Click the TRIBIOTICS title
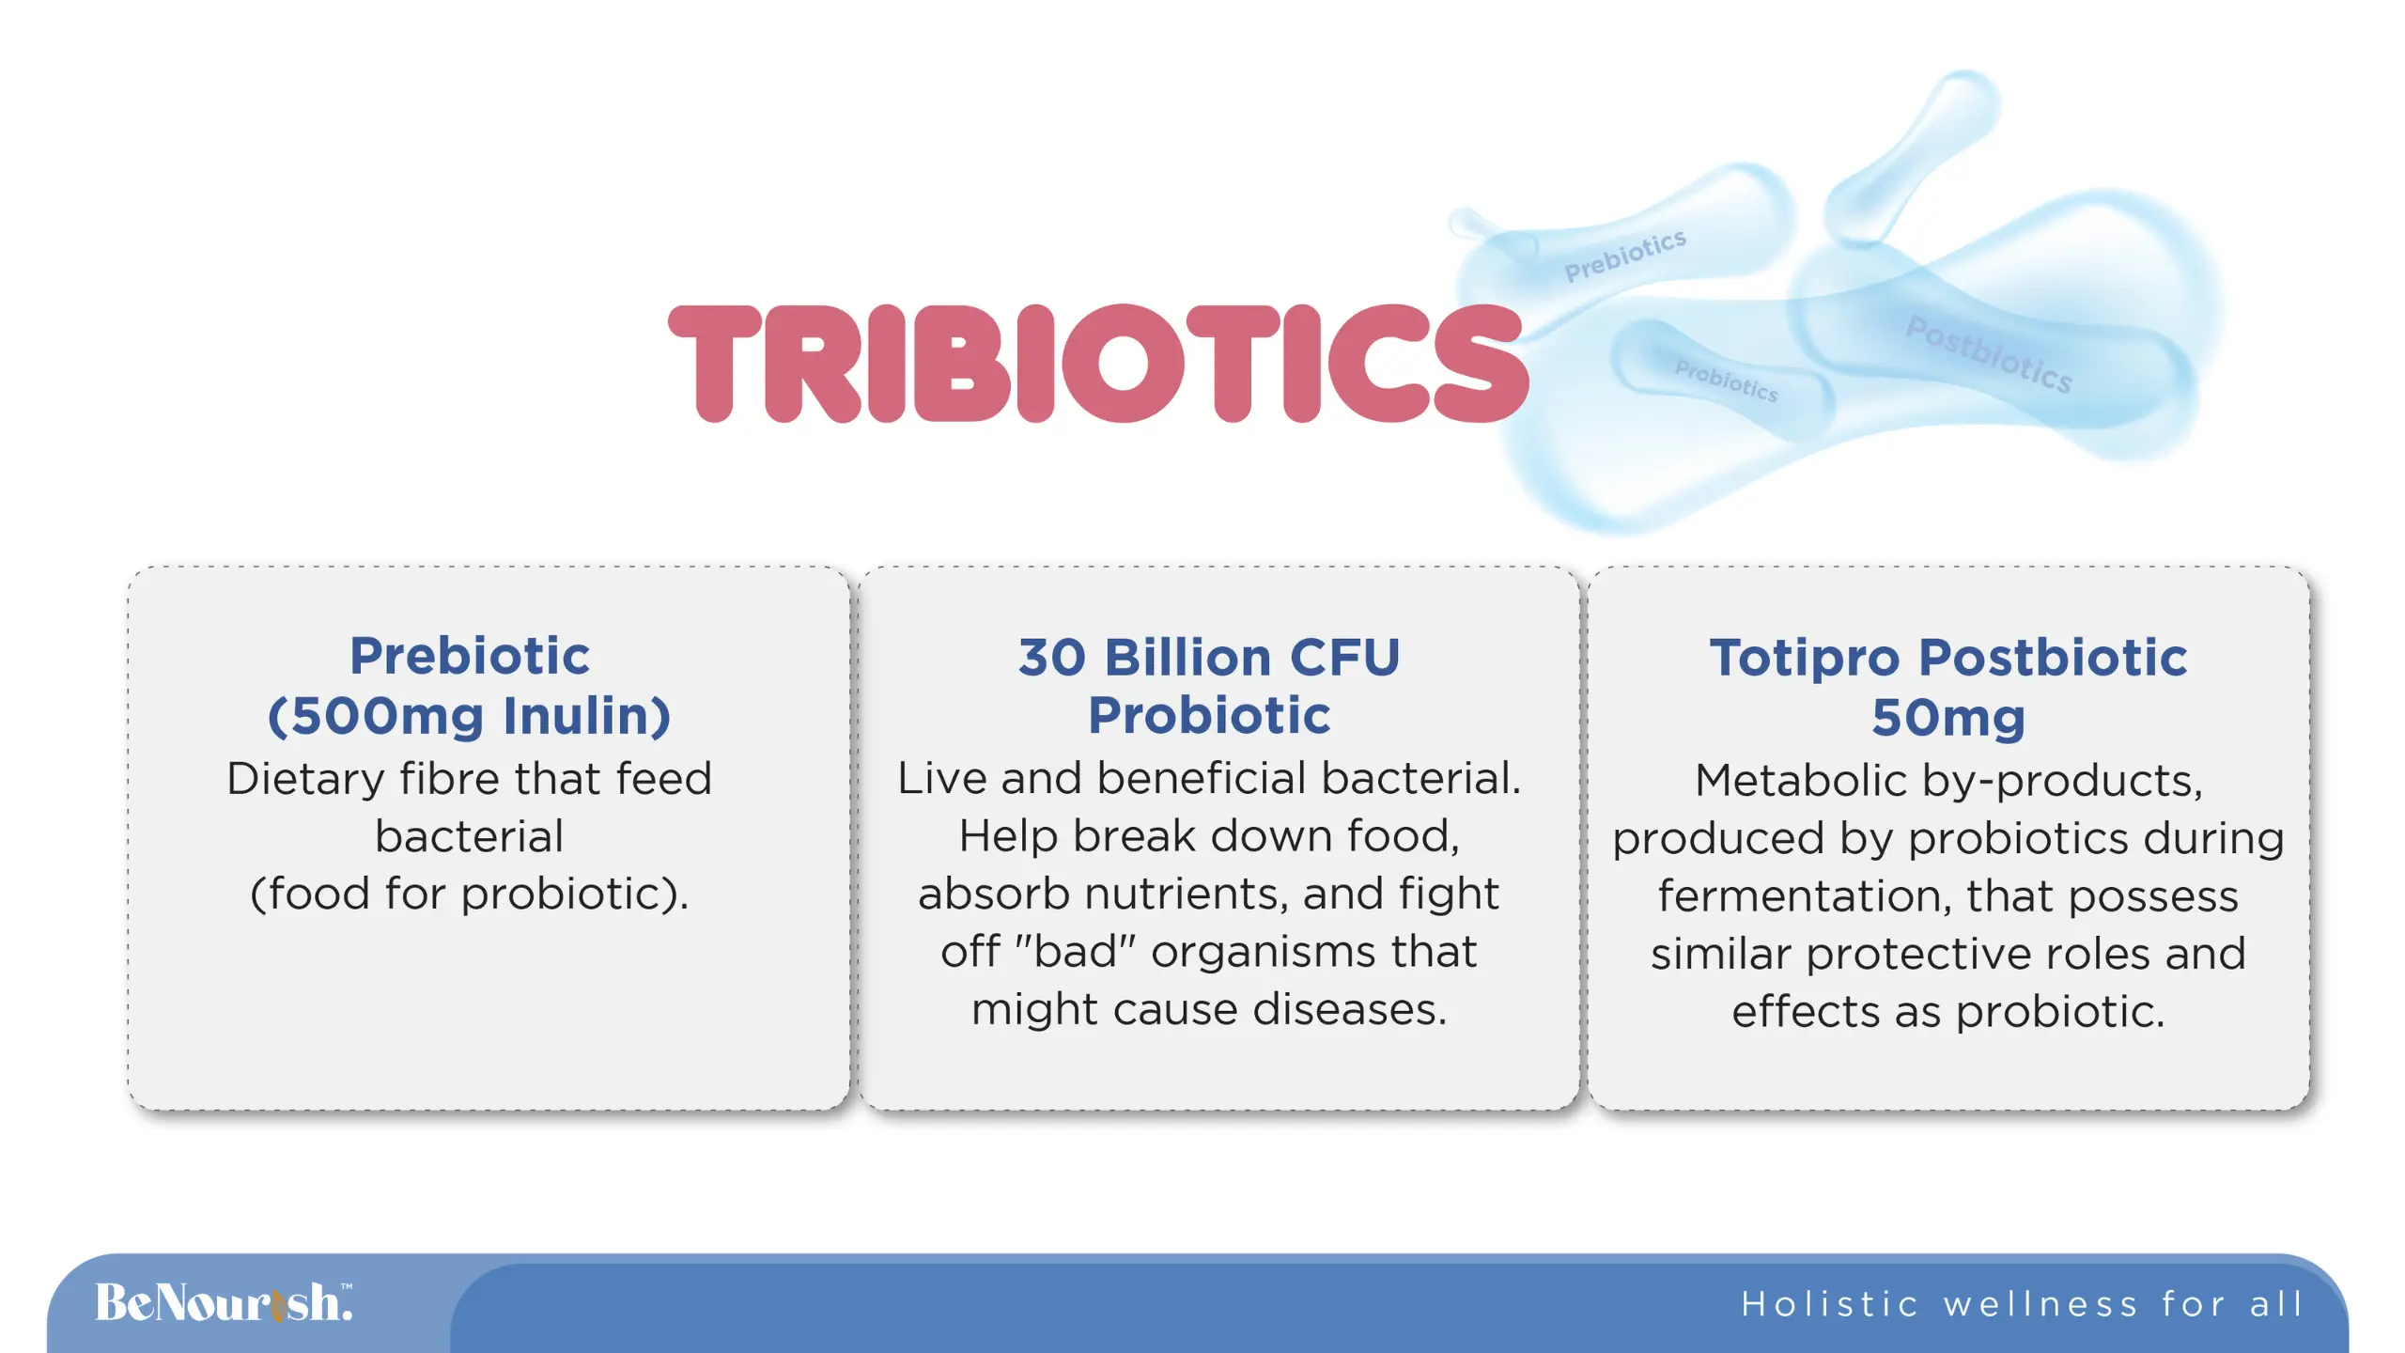point(1098,364)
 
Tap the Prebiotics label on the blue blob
point(1625,255)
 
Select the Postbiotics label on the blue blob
point(1989,354)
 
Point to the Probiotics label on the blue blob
point(1727,381)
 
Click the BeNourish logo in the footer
point(224,1302)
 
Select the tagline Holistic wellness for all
point(2022,1304)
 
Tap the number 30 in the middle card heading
point(1052,657)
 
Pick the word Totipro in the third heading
point(1805,659)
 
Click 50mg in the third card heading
point(1948,719)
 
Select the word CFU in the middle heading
point(1344,657)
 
